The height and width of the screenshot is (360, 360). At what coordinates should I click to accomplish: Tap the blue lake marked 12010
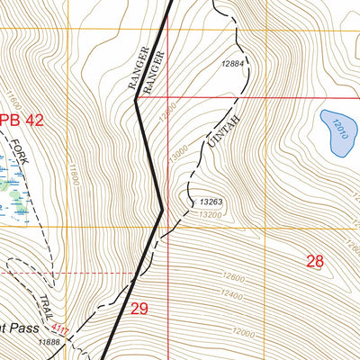click(x=337, y=131)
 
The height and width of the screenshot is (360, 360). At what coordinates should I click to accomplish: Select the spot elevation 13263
click(x=211, y=202)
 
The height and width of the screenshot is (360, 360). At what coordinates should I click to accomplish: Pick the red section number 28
click(x=314, y=262)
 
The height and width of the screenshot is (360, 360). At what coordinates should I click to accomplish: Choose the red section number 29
click(x=139, y=309)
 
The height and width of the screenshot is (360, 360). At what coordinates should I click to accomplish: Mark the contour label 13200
click(x=209, y=215)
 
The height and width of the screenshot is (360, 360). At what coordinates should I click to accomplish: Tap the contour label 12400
click(x=232, y=294)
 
